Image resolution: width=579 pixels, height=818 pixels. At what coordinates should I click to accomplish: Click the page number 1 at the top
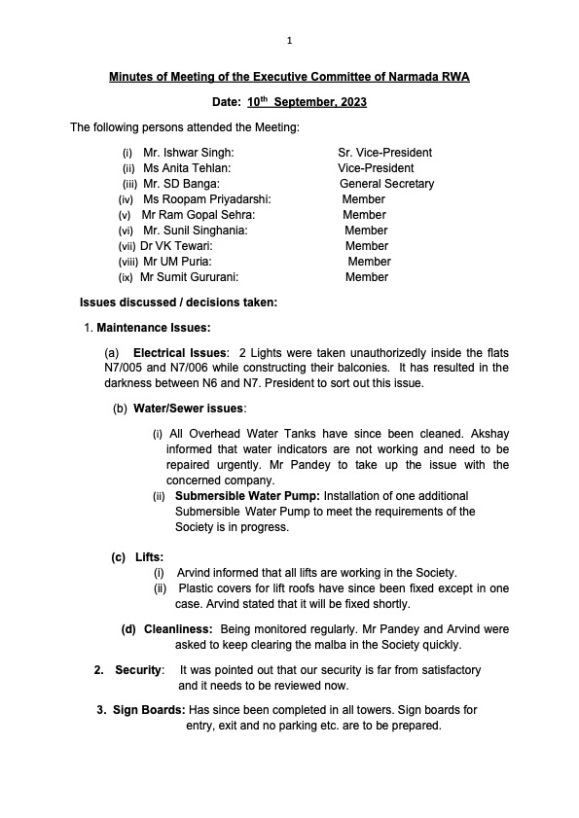[290, 41]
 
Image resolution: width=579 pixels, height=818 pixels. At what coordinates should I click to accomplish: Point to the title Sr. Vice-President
[384, 153]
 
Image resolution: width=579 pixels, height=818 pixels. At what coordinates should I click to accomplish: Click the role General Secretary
[386, 184]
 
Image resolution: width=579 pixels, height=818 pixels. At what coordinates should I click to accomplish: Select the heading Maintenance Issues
[154, 328]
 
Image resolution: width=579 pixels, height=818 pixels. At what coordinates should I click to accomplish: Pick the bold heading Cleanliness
[178, 629]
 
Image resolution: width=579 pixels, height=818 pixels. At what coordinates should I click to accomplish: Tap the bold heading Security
[137, 670]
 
